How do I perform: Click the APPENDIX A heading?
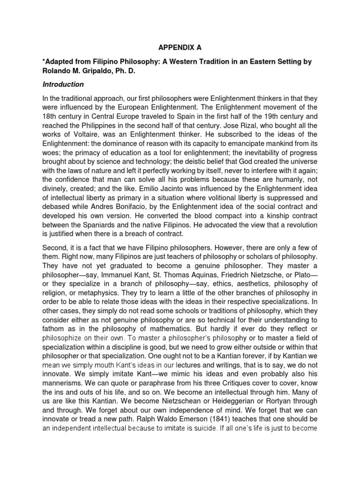180,47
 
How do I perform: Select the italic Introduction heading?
63,84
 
